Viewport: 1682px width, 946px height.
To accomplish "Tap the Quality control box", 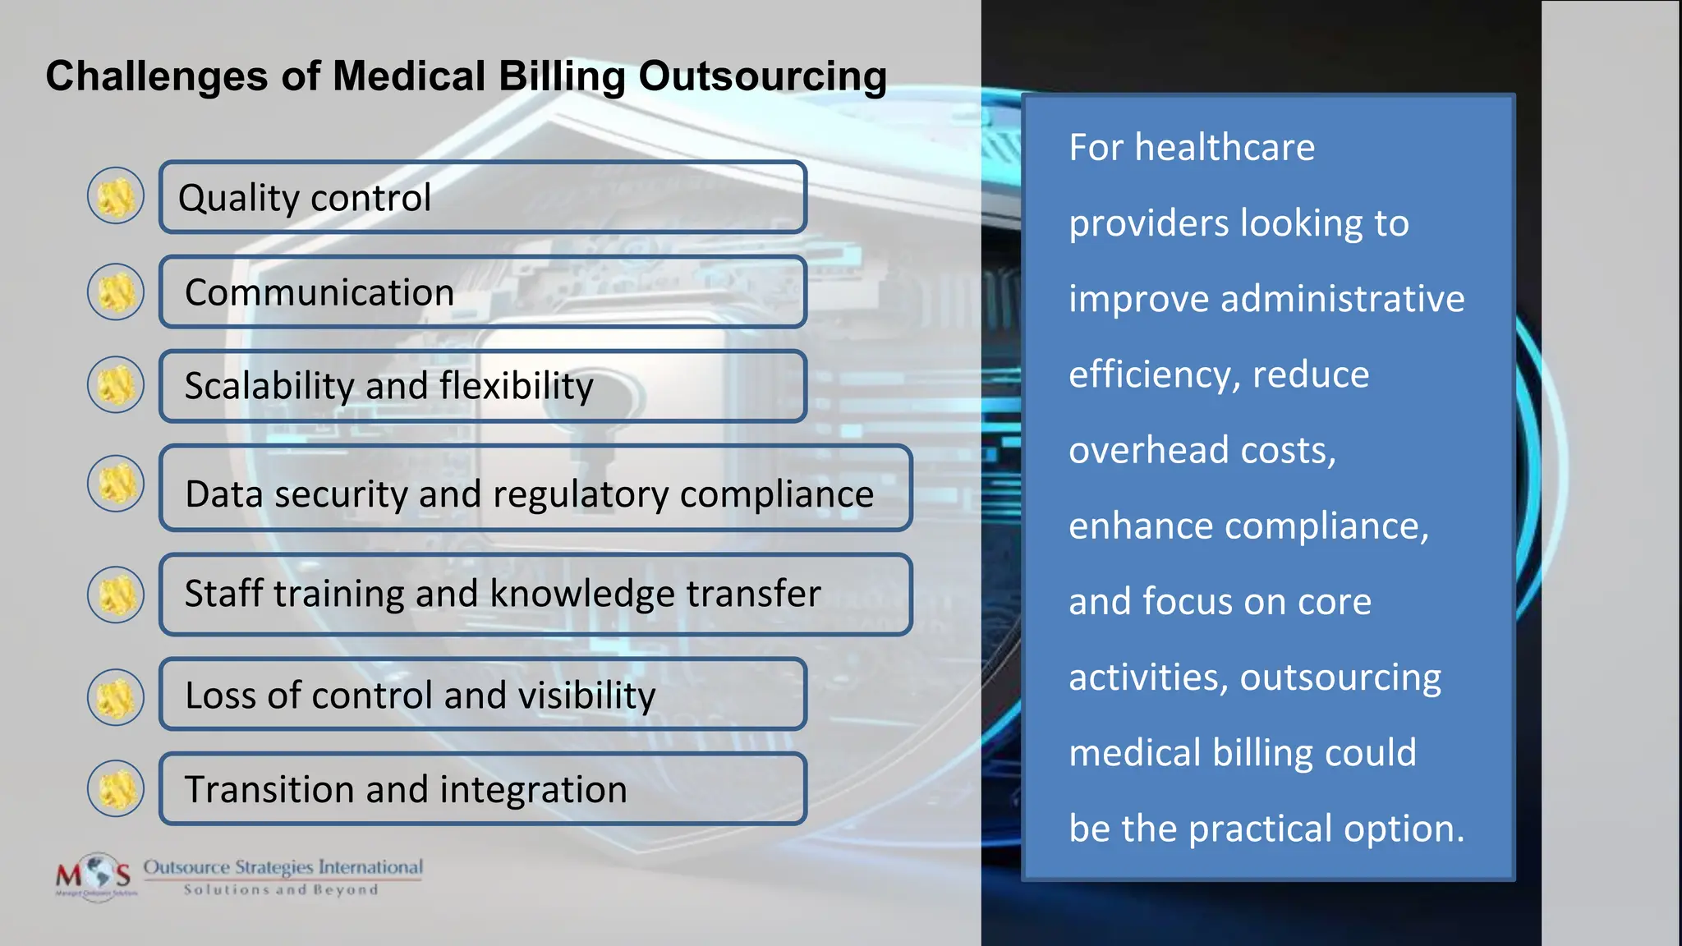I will [482, 197].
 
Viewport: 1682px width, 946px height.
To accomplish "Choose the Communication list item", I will [482, 292].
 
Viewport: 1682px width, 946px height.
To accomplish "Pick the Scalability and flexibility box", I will [482, 386].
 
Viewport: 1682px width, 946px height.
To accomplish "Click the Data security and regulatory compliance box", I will [535, 489].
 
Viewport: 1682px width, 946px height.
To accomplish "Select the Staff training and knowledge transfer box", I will [535, 594].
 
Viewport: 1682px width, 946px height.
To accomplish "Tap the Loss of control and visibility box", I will [482, 695].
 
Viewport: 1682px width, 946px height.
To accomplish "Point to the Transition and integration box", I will [482, 789].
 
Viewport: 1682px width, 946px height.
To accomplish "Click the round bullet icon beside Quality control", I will [116, 196].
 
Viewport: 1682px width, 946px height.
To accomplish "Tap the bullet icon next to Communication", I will [116, 292].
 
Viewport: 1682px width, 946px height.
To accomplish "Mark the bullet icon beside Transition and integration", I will [116, 788].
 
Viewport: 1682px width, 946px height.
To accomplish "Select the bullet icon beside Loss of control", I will [116, 696].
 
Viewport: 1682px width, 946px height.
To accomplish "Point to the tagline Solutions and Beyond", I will [281, 890].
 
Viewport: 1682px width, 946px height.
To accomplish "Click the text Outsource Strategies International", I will [283, 867].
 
